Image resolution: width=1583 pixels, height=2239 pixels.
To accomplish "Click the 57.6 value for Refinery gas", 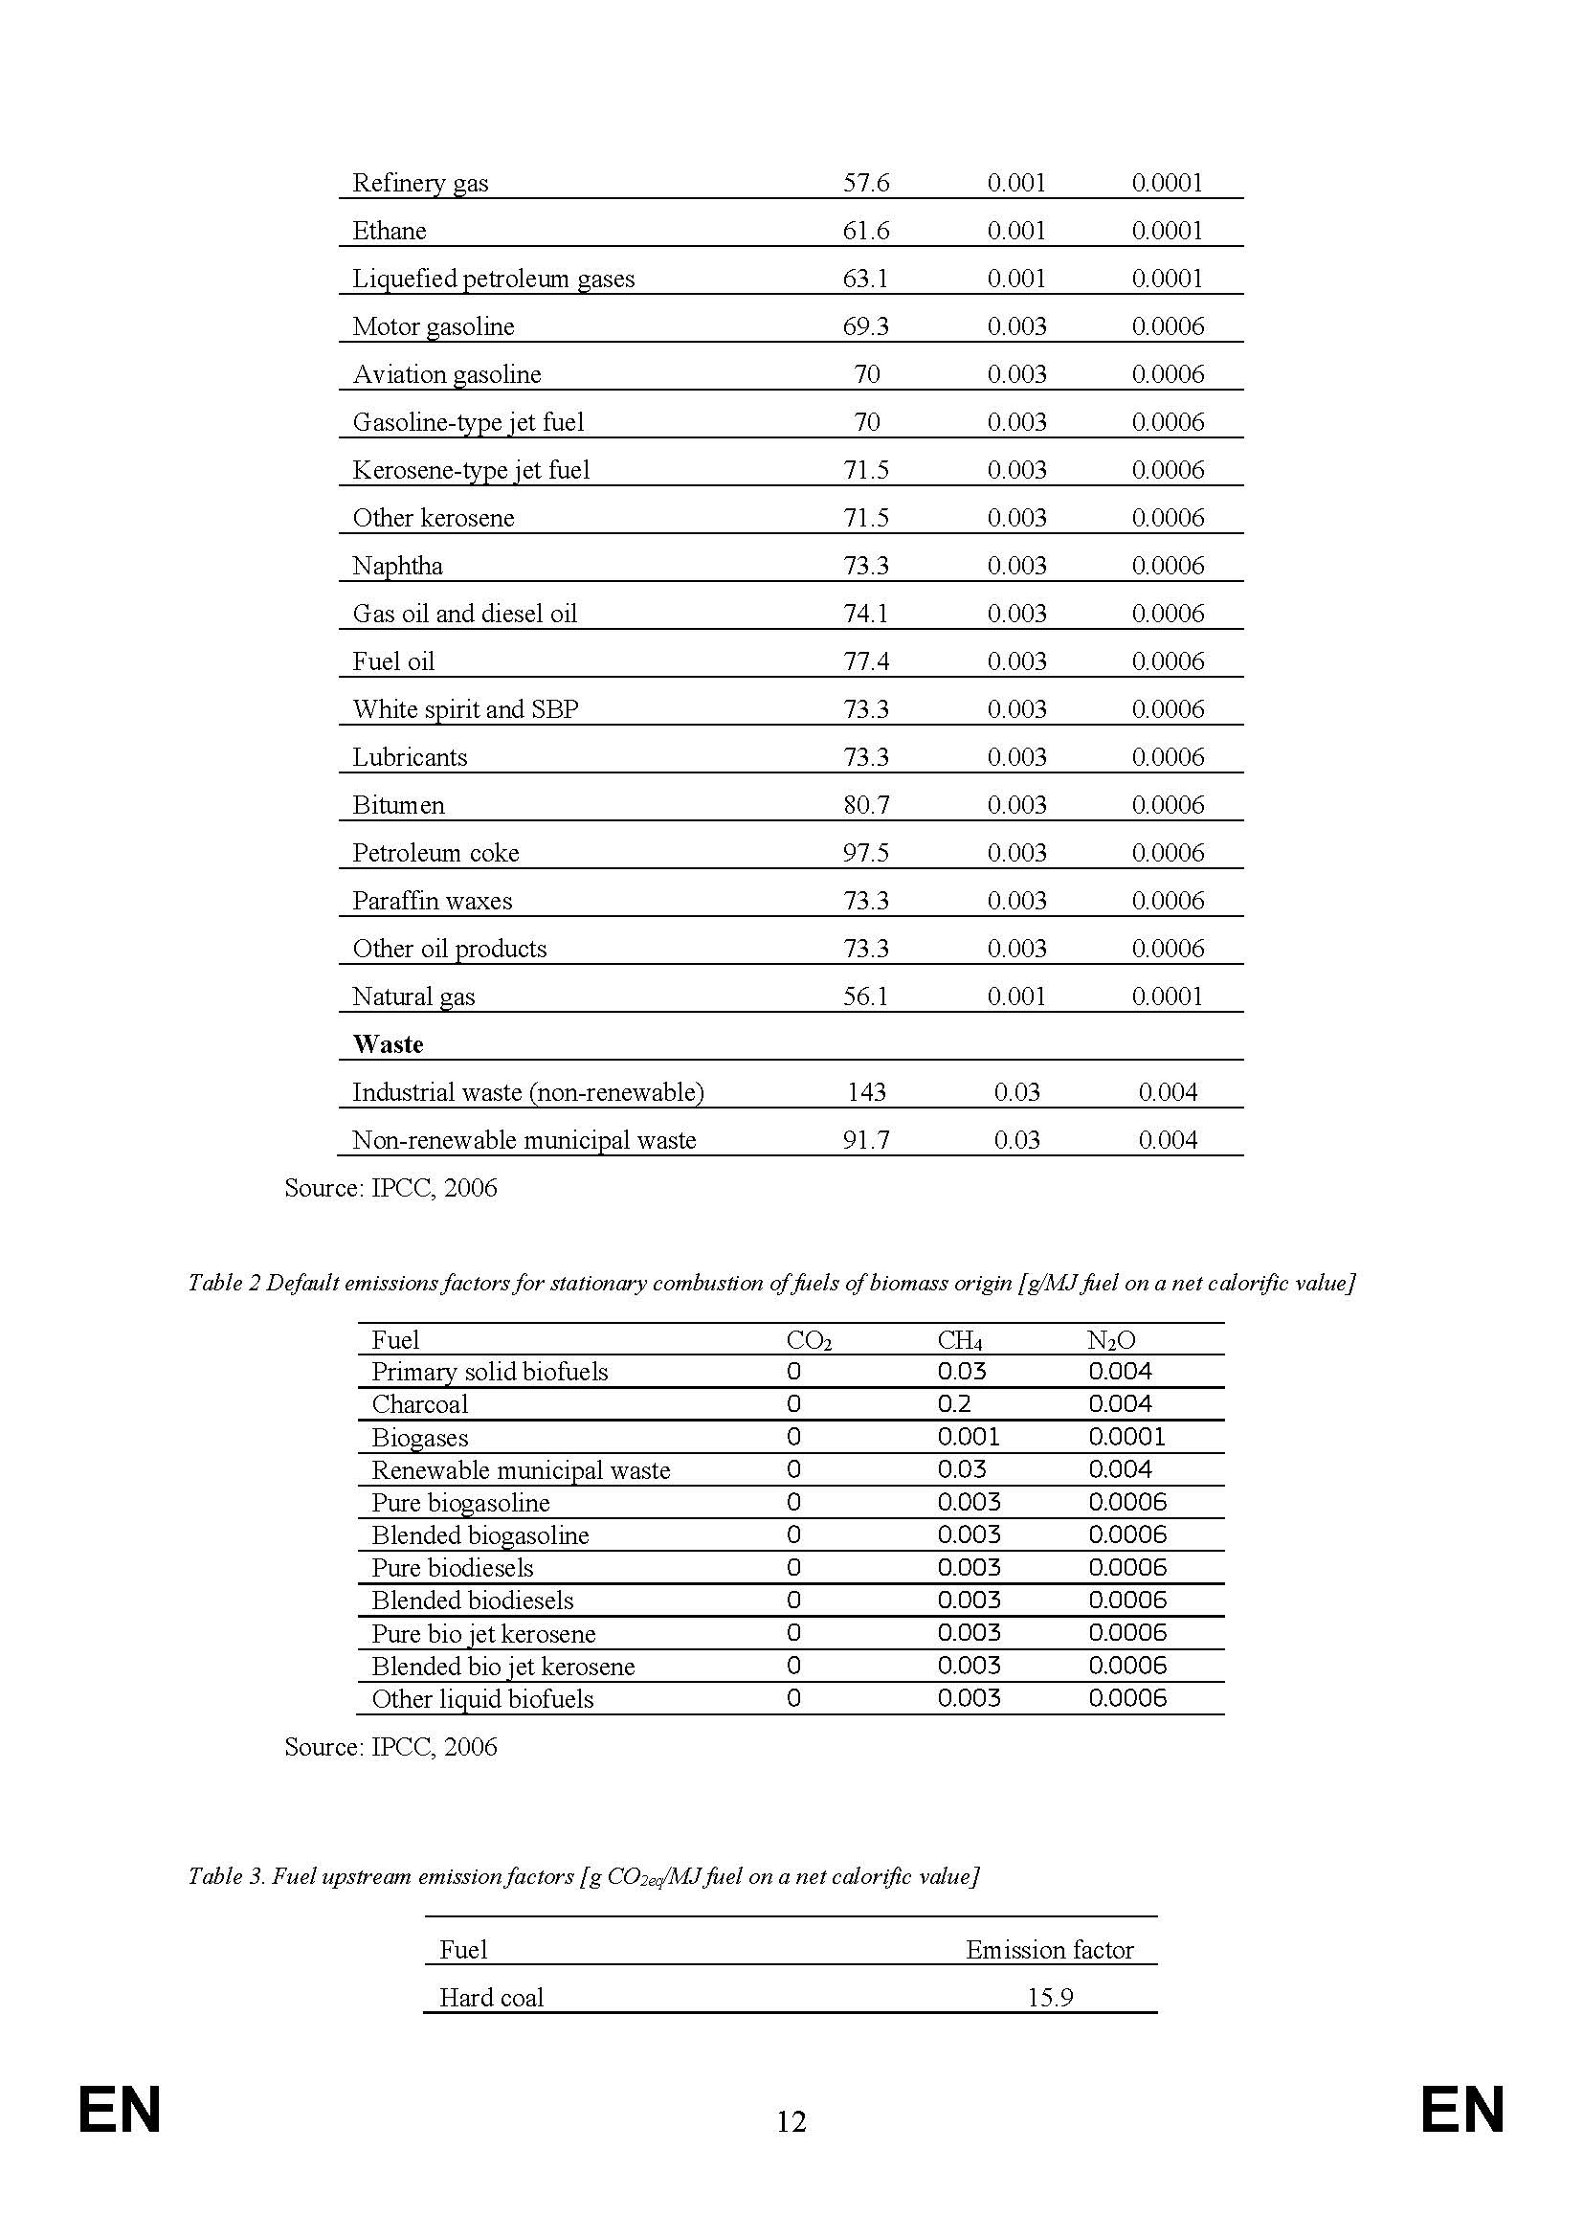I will click(865, 184).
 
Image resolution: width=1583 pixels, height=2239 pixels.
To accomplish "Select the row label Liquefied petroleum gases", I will click(492, 279).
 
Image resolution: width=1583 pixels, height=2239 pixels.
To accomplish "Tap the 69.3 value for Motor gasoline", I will click(865, 326).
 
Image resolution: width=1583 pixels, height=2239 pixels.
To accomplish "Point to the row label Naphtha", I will click(397, 566).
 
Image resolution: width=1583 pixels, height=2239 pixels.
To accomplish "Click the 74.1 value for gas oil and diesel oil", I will click(865, 614).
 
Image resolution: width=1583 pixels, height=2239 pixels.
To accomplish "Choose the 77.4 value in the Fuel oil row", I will click(865, 661).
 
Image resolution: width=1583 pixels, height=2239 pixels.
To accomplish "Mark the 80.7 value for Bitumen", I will click(865, 804).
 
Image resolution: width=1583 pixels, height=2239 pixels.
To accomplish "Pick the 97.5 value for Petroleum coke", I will click(865, 852).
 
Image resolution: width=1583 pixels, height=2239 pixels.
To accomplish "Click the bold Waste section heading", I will click(388, 1044).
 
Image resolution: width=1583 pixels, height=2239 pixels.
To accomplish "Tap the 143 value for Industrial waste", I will click(865, 1092).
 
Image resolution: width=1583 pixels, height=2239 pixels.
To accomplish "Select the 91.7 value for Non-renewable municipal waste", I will click(865, 1140).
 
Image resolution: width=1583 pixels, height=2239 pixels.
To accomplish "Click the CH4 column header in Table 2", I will click(959, 1341).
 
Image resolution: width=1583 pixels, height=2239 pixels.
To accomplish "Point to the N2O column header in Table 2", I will click(1111, 1341).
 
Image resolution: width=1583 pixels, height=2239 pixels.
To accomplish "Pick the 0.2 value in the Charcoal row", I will click(953, 1404).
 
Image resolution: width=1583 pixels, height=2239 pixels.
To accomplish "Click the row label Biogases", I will click(419, 1438).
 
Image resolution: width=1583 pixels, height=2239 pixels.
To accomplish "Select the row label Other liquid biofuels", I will click(482, 1699).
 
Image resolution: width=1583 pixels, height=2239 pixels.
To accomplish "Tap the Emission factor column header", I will click(1049, 1949).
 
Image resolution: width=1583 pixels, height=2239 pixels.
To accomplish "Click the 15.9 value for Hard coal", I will click(1050, 1997).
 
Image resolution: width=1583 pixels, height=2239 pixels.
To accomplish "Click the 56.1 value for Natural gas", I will click(865, 996).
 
